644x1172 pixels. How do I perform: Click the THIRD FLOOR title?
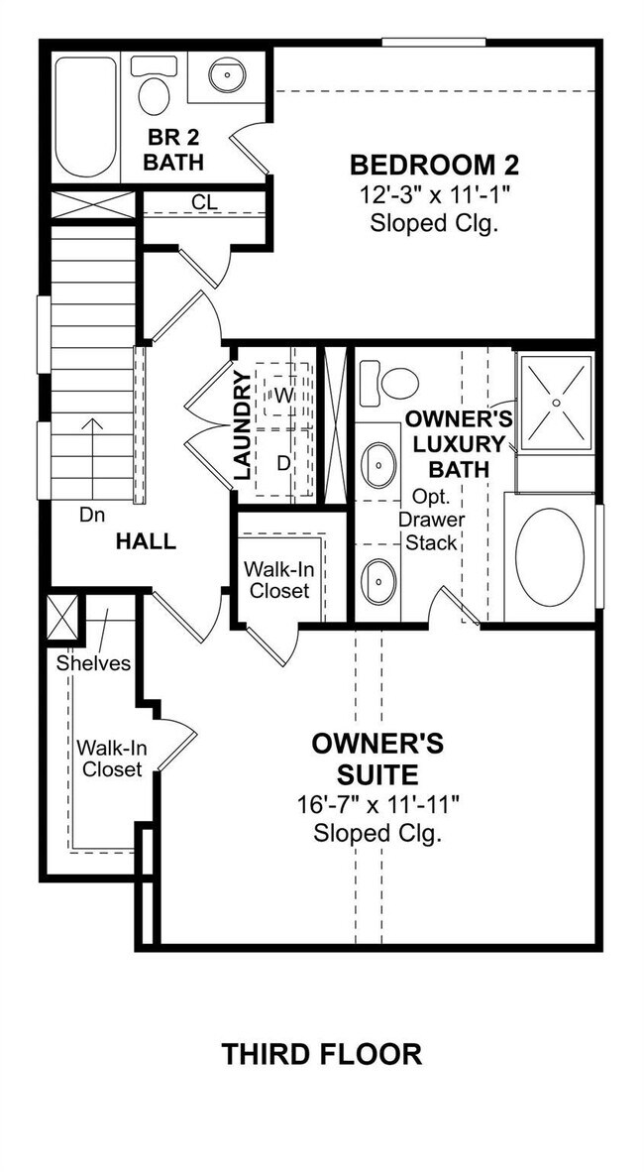322,1053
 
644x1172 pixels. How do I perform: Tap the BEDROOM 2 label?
434,164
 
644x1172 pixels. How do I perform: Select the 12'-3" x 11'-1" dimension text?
434,194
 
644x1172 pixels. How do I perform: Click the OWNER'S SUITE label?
377,758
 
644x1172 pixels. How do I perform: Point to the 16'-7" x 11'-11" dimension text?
377,804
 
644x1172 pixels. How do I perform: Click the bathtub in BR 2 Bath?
84,117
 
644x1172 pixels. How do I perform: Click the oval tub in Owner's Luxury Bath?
550,557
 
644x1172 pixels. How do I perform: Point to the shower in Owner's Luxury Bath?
556,402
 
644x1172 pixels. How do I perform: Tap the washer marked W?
282,395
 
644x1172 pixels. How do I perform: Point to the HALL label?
146,541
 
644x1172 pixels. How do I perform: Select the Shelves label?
93,663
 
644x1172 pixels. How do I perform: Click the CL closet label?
205,202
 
